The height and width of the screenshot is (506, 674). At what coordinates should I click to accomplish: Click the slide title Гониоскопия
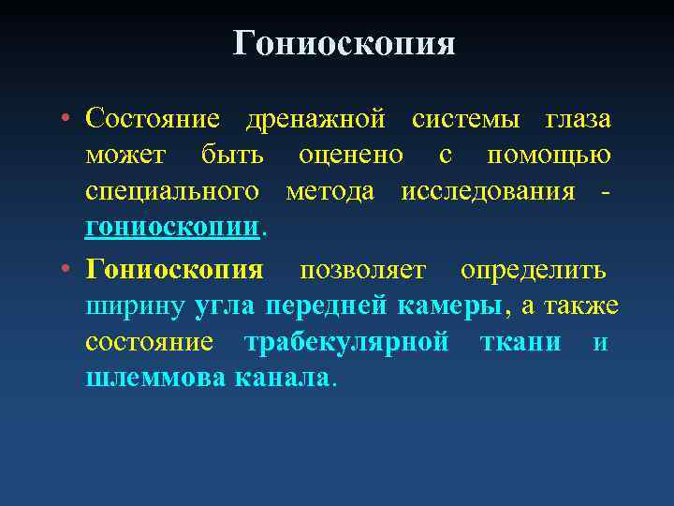tap(344, 43)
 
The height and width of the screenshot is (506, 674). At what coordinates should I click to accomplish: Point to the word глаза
tap(579, 120)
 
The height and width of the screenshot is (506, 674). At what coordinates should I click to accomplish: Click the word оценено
tap(351, 156)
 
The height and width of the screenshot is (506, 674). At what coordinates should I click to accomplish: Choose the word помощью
tap(554, 156)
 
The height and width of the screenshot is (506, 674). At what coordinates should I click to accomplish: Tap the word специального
tap(172, 192)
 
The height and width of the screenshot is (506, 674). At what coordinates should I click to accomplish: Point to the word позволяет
tap(363, 271)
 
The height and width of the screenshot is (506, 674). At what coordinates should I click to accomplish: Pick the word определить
tap(533, 271)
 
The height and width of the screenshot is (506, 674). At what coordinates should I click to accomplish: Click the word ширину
tap(137, 307)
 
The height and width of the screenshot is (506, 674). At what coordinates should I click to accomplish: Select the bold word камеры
tap(449, 307)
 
